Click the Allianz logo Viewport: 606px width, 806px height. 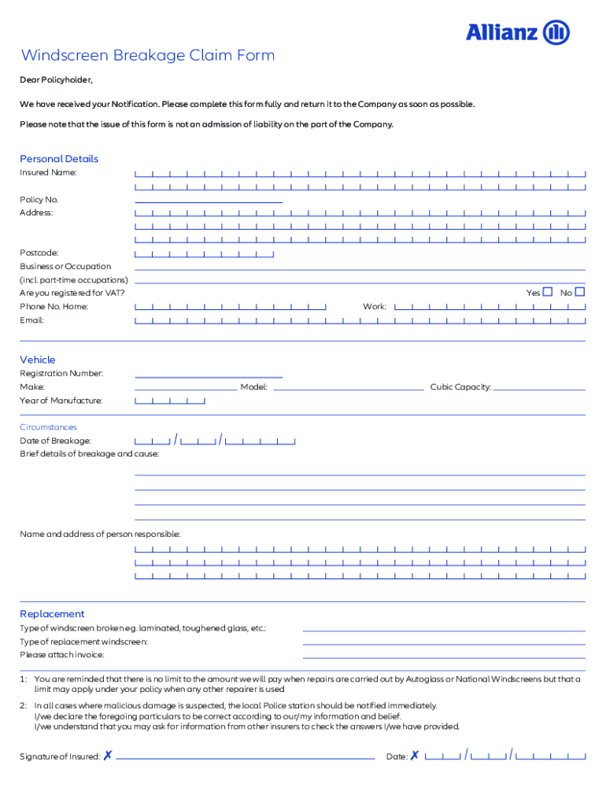tap(517, 32)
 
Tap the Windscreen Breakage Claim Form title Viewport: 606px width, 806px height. tap(148, 55)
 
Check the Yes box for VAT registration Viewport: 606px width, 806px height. tap(548, 292)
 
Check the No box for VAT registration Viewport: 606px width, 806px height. tap(580, 292)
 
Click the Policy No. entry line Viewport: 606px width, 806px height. tap(209, 199)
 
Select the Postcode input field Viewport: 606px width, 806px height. tap(205, 253)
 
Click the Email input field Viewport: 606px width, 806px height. tap(360, 320)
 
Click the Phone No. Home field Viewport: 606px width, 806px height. tap(231, 306)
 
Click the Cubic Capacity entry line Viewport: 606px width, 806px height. tap(539, 386)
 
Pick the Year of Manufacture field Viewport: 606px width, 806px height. tap(170, 401)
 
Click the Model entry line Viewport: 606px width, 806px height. tap(348, 386)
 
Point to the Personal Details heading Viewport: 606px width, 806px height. tap(59, 159)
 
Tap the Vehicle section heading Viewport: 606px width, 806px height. tap(38, 360)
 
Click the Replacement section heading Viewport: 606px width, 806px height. tap(52, 614)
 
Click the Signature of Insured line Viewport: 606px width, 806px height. tap(245, 756)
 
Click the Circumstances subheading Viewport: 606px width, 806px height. tap(48, 427)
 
